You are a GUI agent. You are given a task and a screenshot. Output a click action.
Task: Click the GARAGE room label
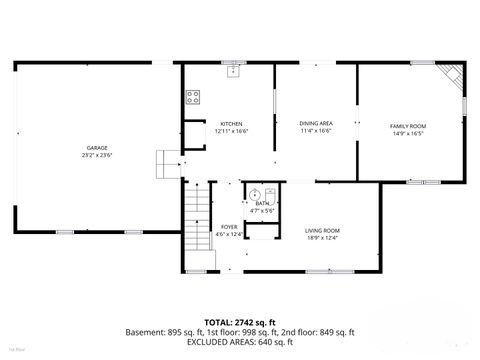pyautogui.click(x=97, y=148)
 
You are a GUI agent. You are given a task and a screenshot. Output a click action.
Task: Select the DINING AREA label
pyautogui.click(x=316, y=124)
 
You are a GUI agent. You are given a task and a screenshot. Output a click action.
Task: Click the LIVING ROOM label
pyautogui.click(x=322, y=231)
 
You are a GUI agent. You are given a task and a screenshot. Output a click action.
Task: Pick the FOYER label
pyautogui.click(x=229, y=227)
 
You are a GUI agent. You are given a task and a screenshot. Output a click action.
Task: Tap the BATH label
pyautogui.click(x=261, y=203)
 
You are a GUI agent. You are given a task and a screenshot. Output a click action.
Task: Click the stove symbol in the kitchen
pyautogui.click(x=193, y=97)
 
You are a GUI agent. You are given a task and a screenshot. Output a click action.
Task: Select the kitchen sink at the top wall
pyautogui.click(x=235, y=70)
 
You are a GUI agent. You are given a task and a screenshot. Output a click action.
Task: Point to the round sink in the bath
pyautogui.click(x=255, y=194)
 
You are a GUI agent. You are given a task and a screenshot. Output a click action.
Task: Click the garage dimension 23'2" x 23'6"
pyautogui.click(x=97, y=155)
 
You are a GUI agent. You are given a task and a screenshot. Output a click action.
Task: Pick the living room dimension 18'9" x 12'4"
pyautogui.click(x=322, y=238)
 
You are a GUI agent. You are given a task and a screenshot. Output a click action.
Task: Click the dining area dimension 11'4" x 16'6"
pyautogui.click(x=316, y=131)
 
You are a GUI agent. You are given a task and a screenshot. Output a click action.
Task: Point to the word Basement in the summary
pyautogui.click(x=143, y=331)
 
